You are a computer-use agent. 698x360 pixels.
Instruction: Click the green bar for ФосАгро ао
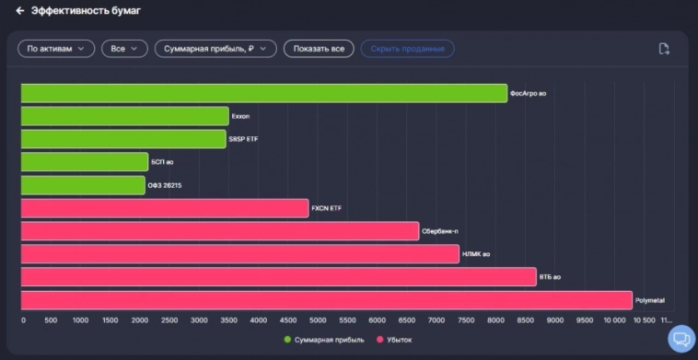tap(263, 93)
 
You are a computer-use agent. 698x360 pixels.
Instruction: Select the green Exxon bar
tap(124, 116)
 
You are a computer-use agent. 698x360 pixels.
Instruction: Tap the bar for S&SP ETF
tap(122, 139)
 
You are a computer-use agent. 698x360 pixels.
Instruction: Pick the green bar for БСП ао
tap(84, 162)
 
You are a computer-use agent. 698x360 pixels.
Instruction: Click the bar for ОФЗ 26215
tap(83, 185)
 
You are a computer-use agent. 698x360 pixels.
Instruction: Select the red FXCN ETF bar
tap(164, 208)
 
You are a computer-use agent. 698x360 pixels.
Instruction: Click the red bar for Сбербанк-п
tap(219, 231)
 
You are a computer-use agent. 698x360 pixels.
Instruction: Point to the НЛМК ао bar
tap(239, 254)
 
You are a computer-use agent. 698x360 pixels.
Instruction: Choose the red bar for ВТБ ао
tap(278, 277)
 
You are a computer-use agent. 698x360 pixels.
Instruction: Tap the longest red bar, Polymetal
tap(326, 300)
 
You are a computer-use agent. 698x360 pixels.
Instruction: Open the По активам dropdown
tap(56, 49)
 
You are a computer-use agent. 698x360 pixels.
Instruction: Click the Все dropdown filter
tap(124, 49)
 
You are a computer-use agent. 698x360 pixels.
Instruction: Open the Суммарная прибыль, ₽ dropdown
tap(215, 49)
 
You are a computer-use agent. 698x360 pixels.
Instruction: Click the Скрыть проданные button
tap(407, 49)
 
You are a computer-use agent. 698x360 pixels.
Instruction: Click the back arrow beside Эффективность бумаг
tap(19, 11)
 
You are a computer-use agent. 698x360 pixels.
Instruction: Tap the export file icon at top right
tap(664, 49)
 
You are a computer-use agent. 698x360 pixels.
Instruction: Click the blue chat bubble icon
tap(681, 339)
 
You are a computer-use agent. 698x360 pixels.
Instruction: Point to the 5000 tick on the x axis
tap(318, 320)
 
